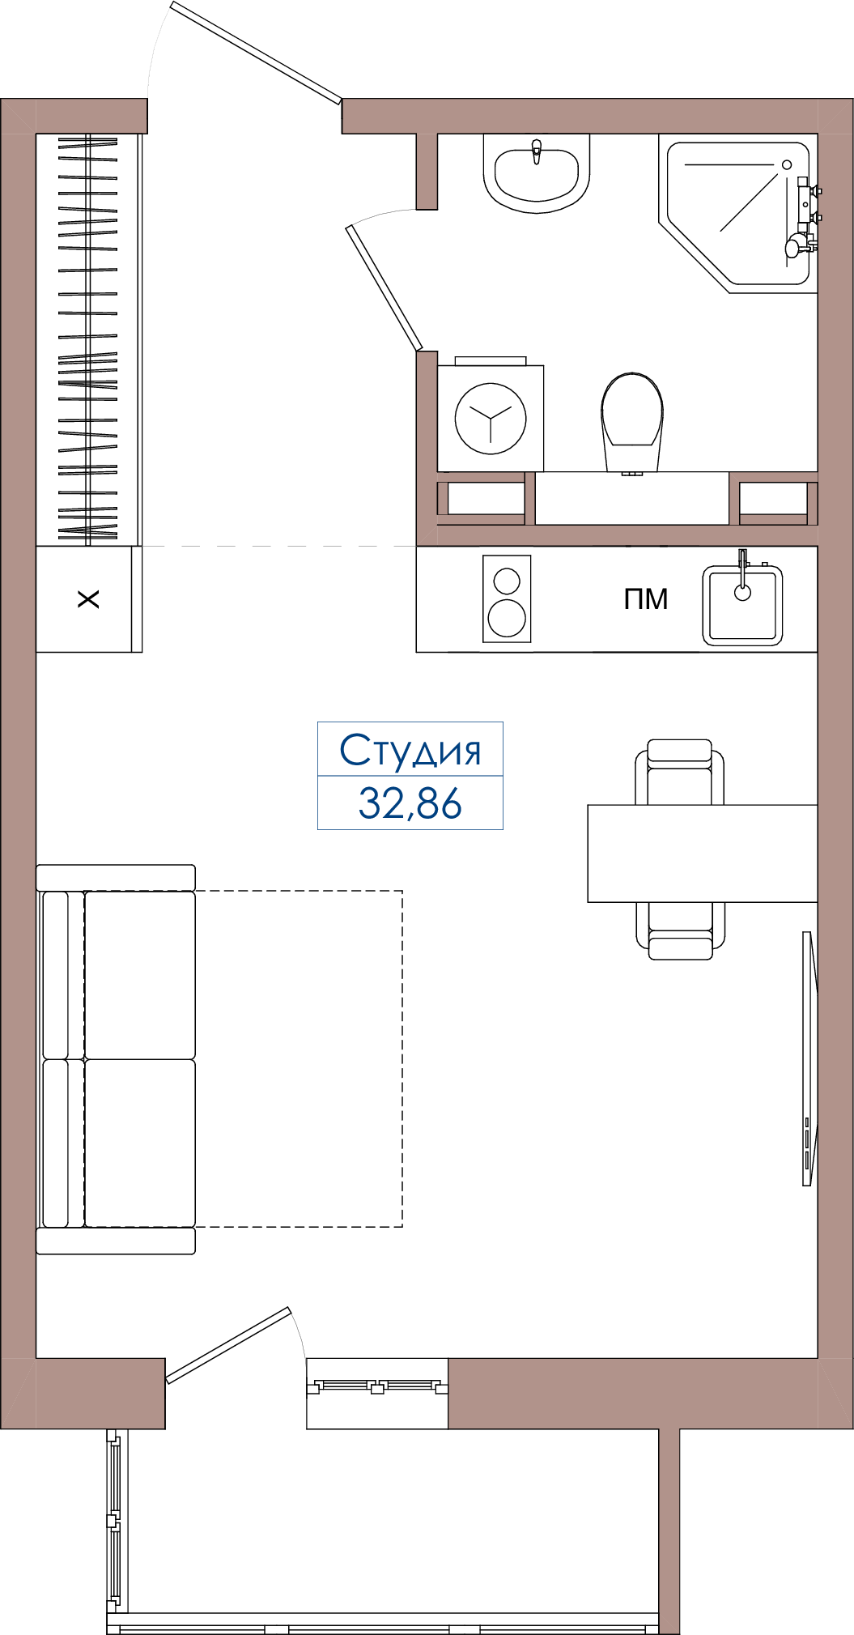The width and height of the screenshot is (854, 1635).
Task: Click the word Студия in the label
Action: click(x=410, y=750)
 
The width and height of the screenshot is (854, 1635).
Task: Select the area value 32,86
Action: click(x=410, y=803)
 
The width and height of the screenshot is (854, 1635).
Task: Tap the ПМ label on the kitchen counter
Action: click(x=646, y=599)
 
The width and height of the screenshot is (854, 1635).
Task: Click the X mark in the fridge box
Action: click(x=88, y=599)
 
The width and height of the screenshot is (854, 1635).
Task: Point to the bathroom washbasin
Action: click(x=537, y=172)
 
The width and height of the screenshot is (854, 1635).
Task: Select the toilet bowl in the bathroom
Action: click(x=632, y=421)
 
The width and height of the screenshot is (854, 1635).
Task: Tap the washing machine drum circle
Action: click(x=491, y=419)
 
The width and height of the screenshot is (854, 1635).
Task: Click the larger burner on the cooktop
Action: click(x=507, y=619)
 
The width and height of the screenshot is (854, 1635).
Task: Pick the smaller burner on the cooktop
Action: click(x=507, y=581)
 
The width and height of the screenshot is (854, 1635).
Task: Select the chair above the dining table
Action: click(x=680, y=772)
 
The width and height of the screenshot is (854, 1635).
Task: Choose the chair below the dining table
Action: click(x=680, y=931)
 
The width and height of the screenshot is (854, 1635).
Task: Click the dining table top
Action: click(x=703, y=854)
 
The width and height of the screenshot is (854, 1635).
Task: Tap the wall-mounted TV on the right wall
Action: click(x=808, y=1058)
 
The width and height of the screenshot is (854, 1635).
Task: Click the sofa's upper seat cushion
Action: click(x=140, y=975)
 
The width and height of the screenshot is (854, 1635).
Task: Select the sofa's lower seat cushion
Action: click(x=140, y=1143)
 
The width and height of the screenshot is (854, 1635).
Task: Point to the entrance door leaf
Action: click(x=257, y=53)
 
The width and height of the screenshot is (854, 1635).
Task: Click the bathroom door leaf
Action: click(x=385, y=288)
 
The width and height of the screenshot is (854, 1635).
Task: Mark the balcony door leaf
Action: click(x=228, y=1345)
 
